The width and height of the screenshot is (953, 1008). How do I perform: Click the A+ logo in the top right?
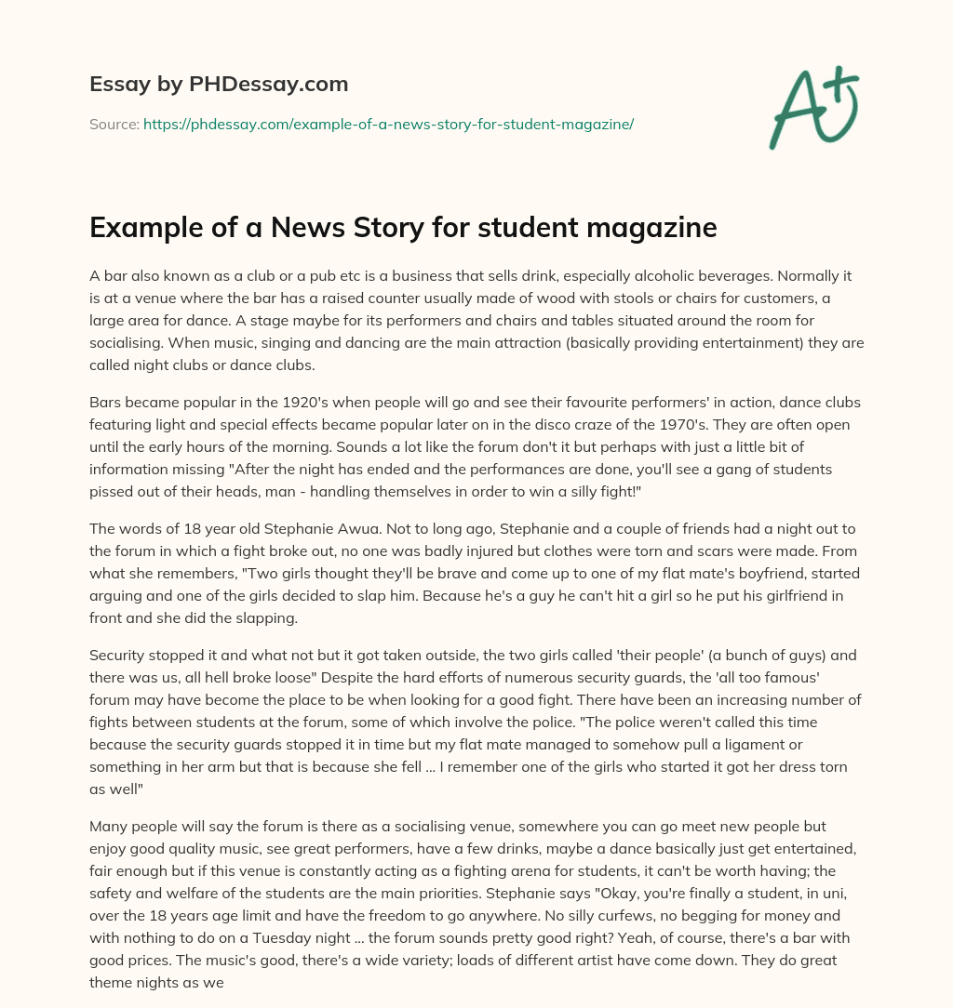[x=813, y=104]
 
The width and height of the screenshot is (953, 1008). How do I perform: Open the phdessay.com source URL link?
[x=388, y=124]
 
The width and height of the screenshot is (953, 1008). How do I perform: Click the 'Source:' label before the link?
[x=114, y=124]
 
